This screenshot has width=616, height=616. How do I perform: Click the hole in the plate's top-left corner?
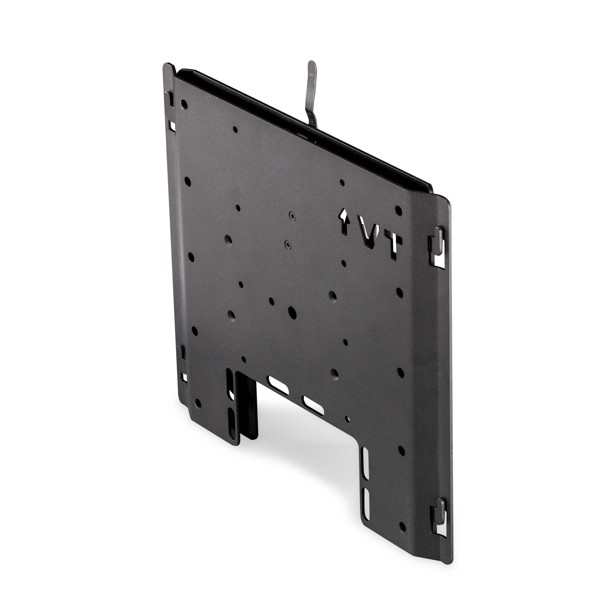coord(184,104)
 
